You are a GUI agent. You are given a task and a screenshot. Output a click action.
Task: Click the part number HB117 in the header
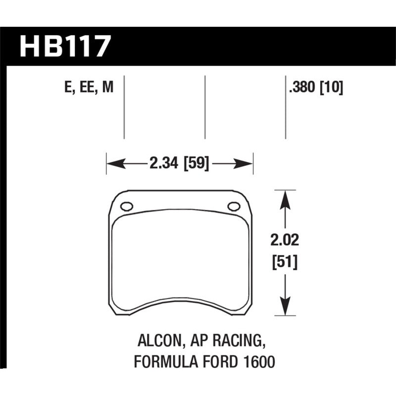[x=64, y=47]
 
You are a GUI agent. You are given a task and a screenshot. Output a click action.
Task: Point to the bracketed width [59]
[x=196, y=163]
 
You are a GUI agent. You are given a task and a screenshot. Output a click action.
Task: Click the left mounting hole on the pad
[x=126, y=206]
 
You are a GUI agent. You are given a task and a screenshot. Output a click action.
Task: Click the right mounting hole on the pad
[x=233, y=206]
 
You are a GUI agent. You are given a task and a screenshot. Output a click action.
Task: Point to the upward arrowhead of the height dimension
[x=284, y=198]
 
